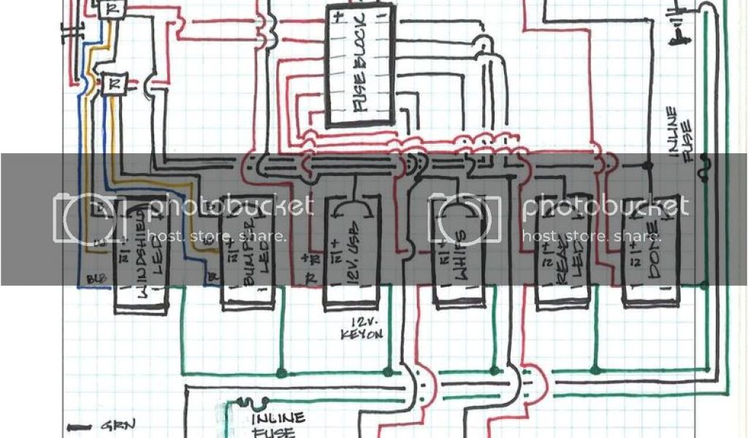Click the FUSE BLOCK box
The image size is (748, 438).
[x=360, y=66]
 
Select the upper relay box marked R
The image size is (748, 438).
[x=112, y=9]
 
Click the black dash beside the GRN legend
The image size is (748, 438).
[x=77, y=426]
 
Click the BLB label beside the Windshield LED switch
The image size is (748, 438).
[x=93, y=278]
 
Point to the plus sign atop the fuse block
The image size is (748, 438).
[x=337, y=19]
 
